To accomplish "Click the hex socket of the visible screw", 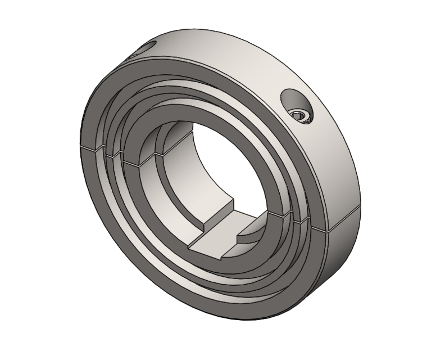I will pos(302,116).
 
